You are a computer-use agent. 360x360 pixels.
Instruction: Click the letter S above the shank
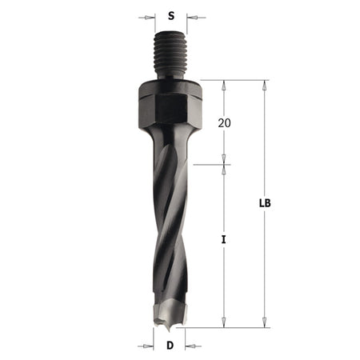pyautogui.click(x=169, y=15)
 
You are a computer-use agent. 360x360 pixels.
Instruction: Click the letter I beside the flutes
pyautogui.click(x=224, y=239)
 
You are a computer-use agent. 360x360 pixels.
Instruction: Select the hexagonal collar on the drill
pyautogui.click(x=167, y=104)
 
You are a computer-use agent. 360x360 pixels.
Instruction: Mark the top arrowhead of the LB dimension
pyautogui.click(x=264, y=84)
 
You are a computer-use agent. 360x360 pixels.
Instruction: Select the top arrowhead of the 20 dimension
pyautogui.click(x=224, y=84)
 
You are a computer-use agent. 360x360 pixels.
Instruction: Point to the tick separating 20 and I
pyautogui.click(x=224, y=165)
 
